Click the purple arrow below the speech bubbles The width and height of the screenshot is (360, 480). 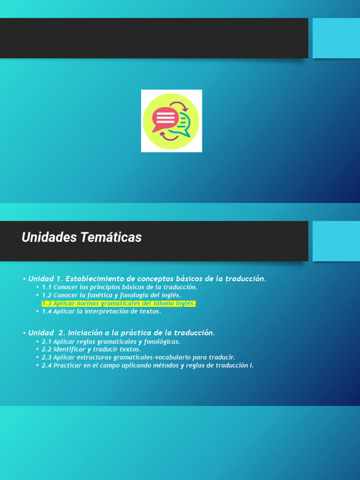point(169,136)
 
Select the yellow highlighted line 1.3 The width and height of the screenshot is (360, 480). point(118,303)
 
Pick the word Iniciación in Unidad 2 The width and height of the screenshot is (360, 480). point(86,333)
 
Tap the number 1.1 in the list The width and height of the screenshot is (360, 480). point(46,287)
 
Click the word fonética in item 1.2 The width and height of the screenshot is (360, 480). point(100,295)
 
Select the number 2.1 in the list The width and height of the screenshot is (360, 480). point(46,342)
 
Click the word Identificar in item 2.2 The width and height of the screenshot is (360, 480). point(69,350)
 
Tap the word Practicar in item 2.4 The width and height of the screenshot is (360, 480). point(67,366)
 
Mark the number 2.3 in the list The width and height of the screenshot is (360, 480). point(46,358)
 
